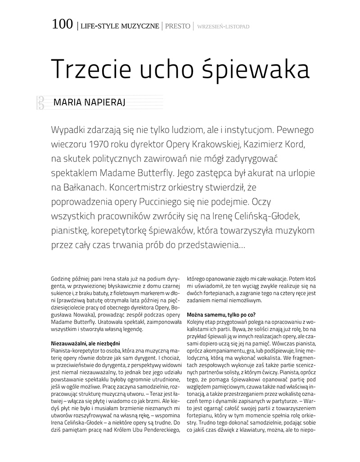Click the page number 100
tap(62, 25)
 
